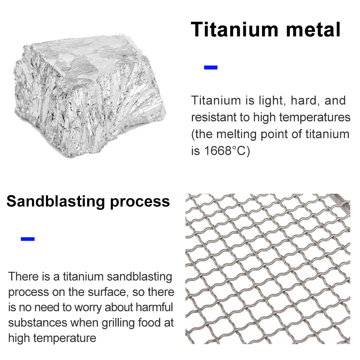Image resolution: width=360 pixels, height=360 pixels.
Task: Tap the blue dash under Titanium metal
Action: tap(211, 67)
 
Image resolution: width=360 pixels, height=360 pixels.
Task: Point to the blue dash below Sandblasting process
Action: tap(28, 239)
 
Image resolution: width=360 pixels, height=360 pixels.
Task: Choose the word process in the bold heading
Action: tap(140, 202)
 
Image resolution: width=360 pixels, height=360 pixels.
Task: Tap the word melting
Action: tap(242, 134)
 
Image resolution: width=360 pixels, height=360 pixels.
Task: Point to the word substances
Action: tap(37, 323)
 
